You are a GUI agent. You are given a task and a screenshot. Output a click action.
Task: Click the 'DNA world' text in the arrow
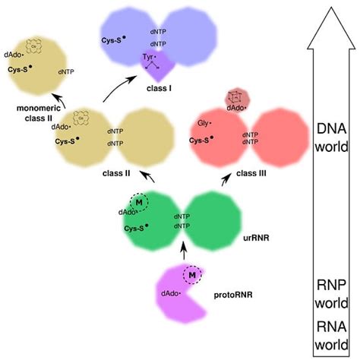tap(332, 136)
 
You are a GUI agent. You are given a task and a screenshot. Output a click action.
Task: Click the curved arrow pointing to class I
tap(115, 91)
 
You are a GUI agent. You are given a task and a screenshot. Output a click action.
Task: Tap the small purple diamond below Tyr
tap(157, 73)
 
